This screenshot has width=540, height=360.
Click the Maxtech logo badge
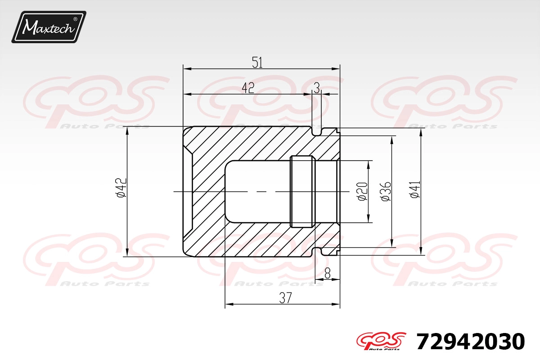49,27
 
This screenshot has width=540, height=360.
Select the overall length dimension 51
257,63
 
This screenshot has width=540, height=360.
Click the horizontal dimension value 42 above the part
248,88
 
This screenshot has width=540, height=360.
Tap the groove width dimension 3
317,88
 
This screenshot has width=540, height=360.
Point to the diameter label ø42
121,188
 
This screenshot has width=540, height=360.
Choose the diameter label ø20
363,192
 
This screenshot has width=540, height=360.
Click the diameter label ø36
386,192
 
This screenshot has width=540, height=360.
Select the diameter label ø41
415,189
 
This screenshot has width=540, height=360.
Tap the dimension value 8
328,274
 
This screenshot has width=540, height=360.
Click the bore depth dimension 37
286,298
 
